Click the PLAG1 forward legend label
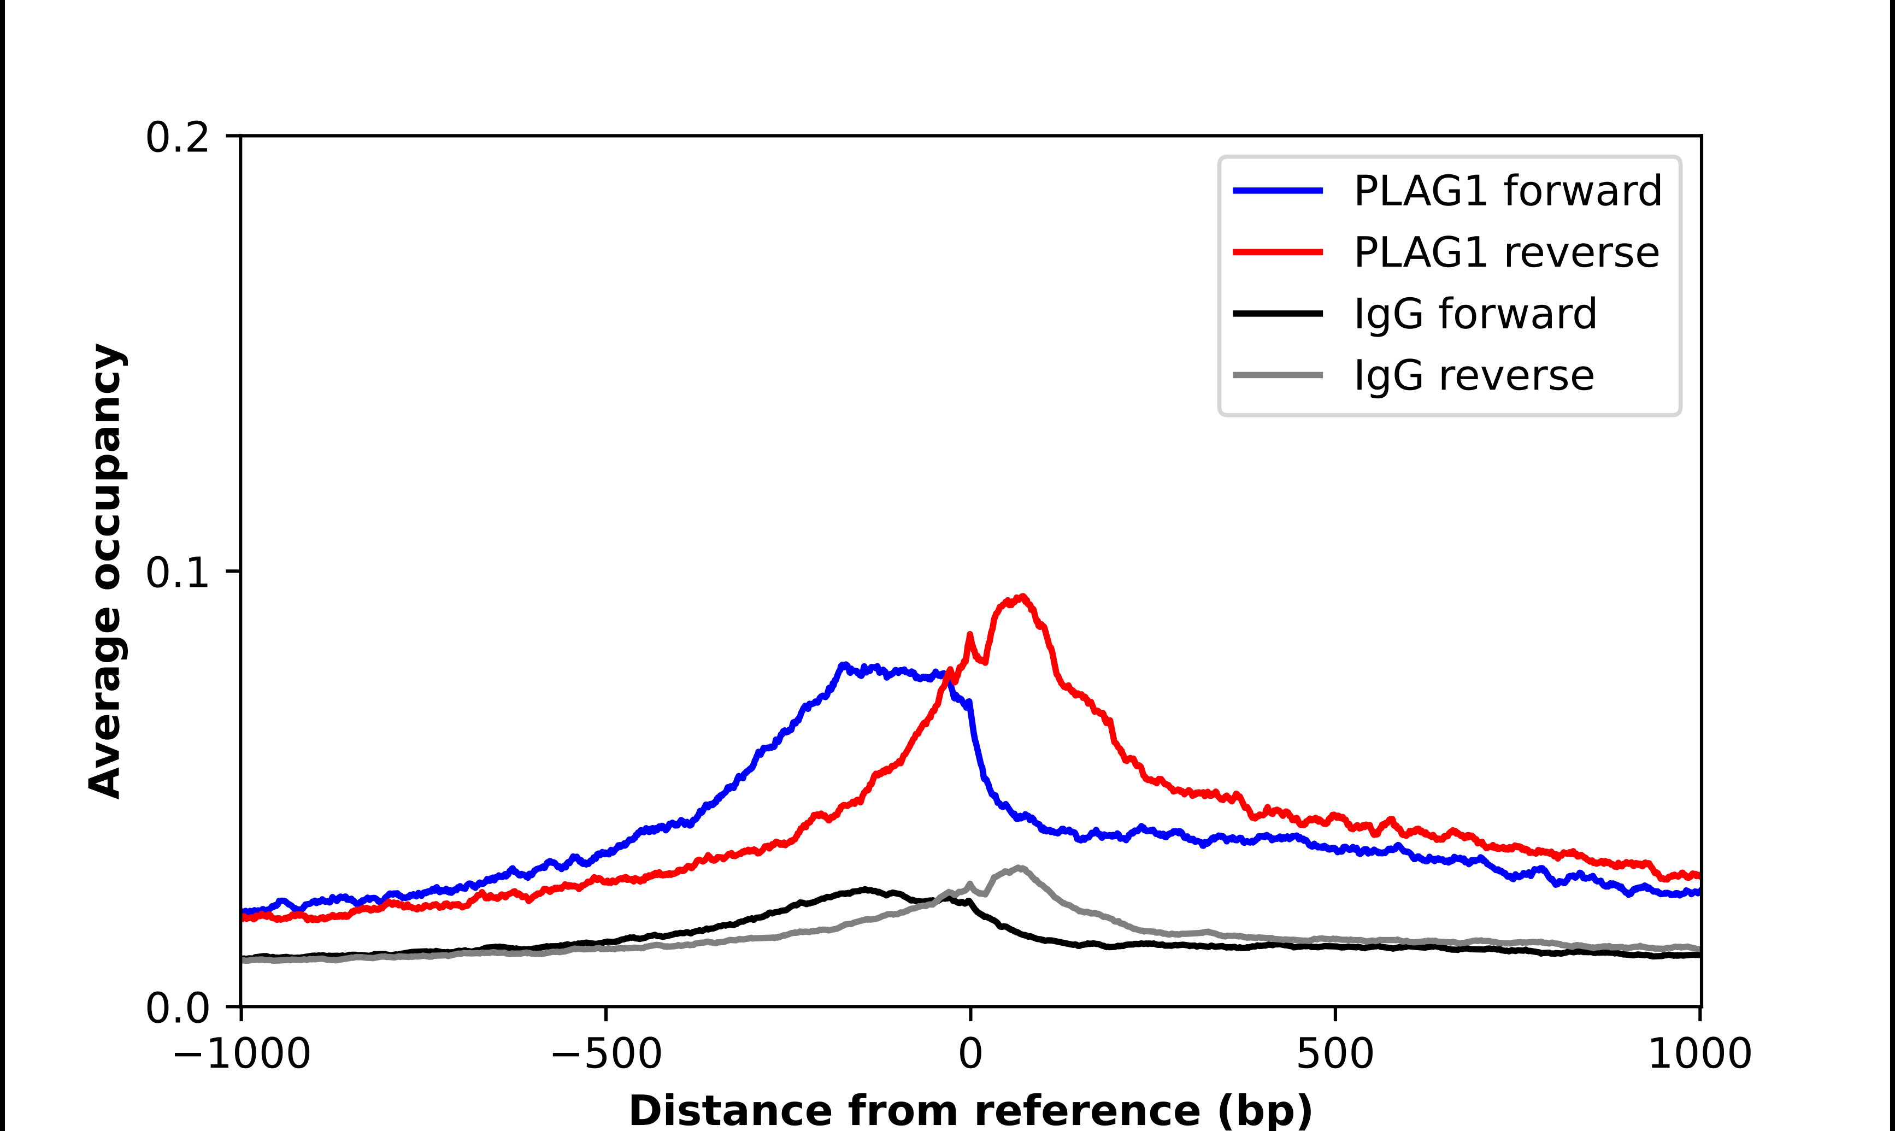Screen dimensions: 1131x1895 [x=1507, y=191]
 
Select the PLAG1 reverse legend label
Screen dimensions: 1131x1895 [x=1506, y=252]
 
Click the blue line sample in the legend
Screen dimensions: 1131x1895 [x=1278, y=191]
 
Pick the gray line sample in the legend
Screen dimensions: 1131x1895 [x=1278, y=375]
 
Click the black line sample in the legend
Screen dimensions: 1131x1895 [x=1278, y=313]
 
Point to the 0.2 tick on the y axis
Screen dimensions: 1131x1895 [x=177, y=138]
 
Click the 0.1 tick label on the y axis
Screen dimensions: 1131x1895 [x=177, y=573]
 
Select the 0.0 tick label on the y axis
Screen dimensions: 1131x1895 [x=177, y=1008]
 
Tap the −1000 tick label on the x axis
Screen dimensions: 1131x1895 [x=242, y=1054]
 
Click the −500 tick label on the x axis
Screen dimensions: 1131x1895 [x=607, y=1054]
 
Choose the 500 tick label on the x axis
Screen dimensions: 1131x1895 [x=1335, y=1054]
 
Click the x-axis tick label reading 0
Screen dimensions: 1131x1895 [x=971, y=1054]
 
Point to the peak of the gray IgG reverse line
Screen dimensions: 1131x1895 [x=1020, y=868]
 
